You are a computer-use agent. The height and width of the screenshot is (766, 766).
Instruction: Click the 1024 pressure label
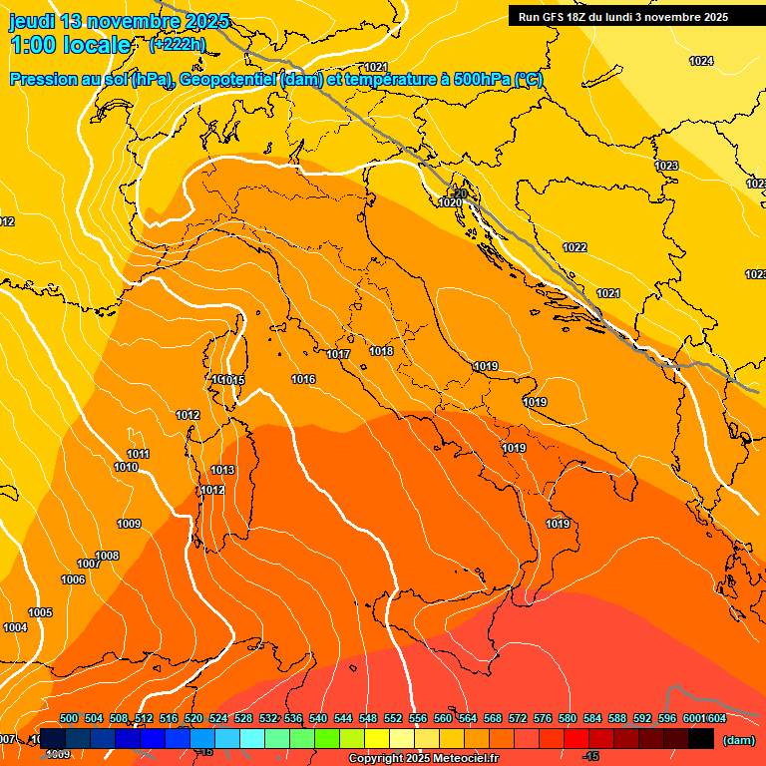coord(701,62)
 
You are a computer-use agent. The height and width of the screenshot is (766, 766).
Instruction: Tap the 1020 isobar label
coord(450,202)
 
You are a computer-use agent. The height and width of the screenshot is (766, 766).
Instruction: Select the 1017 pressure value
coord(338,354)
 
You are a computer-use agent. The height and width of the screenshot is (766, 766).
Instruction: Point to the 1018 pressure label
coord(381,351)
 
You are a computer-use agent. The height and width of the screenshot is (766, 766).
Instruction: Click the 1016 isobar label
coord(303,380)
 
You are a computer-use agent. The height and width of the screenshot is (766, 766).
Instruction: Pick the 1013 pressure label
coord(222,470)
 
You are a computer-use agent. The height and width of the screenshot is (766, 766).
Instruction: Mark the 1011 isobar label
coord(138,454)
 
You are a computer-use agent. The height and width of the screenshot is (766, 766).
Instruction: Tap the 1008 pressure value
coord(107,556)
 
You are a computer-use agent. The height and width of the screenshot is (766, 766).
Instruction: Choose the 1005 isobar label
coord(40,612)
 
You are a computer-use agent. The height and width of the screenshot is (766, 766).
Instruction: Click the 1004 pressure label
coord(15,627)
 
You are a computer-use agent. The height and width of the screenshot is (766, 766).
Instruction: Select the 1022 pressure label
coord(574,247)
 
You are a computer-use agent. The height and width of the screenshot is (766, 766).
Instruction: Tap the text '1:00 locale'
coord(70,45)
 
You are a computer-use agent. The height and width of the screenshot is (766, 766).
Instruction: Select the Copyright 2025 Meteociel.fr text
coord(423,759)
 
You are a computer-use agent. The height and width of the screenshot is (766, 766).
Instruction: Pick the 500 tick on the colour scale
coord(69,718)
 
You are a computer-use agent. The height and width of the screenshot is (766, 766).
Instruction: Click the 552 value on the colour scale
coord(393,718)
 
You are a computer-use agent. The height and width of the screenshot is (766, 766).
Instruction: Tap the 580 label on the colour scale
coord(568,718)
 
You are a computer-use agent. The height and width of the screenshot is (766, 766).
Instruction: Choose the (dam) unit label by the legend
coord(738,740)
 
